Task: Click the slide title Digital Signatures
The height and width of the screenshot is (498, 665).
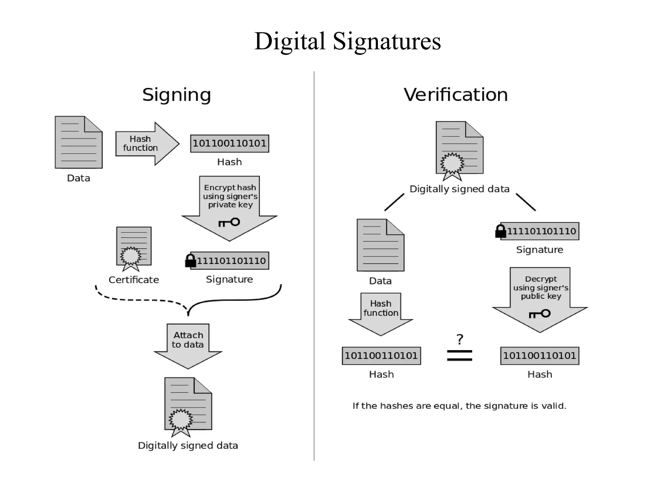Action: point(347,41)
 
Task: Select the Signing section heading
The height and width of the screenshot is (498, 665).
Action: point(177,95)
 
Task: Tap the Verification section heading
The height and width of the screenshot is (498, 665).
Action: point(456,95)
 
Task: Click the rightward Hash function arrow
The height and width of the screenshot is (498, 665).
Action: point(147,144)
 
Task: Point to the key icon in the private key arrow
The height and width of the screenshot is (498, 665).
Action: point(229,222)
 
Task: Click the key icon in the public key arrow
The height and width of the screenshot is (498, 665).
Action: point(540,314)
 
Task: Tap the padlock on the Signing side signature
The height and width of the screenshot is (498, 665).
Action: point(191,261)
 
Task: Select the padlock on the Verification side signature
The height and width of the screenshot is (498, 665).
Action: point(500,231)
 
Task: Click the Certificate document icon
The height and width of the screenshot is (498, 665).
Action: point(133,248)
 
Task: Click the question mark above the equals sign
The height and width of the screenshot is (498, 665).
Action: point(459,339)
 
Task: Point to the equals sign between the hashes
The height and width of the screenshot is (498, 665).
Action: point(459,355)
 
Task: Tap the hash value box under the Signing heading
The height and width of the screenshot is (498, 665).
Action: point(230,144)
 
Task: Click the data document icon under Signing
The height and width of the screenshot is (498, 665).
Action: point(79,142)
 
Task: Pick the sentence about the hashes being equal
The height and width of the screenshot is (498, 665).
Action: point(459,406)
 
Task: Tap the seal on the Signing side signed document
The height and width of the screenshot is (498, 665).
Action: point(181,420)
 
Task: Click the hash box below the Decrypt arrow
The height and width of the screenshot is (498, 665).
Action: point(540,356)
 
